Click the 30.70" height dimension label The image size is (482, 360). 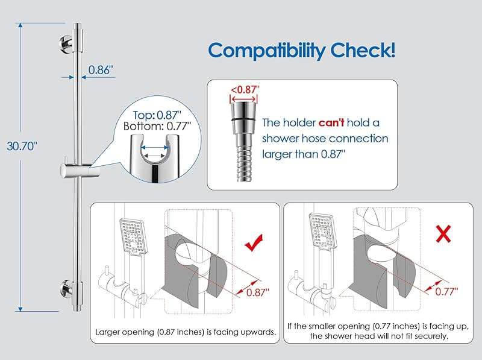pyautogui.click(x=22, y=146)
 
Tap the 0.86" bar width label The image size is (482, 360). pyautogui.click(x=101, y=70)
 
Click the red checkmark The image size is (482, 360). pyautogui.click(x=254, y=242)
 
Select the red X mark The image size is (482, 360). pyautogui.click(x=443, y=233)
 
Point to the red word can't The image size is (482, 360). pyautogui.click(x=331, y=123)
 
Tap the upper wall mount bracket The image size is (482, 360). pyautogui.click(x=66, y=43)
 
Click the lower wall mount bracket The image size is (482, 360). pyautogui.click(x=66, y=288)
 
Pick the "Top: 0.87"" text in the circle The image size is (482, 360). pyautogui.click(x=157, y=115)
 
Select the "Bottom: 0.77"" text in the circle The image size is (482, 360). pyautogui.click(x=157, y=126)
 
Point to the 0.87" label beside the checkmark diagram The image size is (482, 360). pyautogui.click(x=258, y=292)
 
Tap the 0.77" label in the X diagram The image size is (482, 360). pyautogui.click(x=446, y=291)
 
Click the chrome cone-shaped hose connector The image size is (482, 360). pyautogui.click(x=243, y=118)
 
